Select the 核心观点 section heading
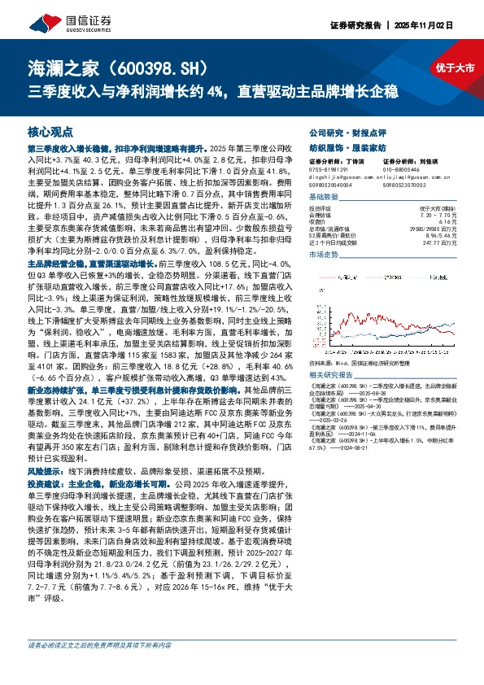pos(50,131)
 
